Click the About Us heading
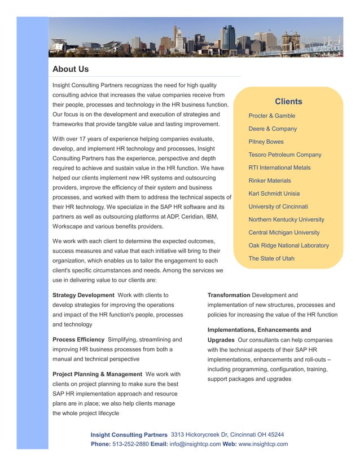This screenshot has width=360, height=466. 71,69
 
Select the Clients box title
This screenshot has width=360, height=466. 288,102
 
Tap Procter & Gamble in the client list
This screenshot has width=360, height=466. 271,116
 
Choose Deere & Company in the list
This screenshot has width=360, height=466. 273,129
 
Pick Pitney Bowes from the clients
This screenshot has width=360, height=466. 266,142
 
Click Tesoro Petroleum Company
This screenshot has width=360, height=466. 285,155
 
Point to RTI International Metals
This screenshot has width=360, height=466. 279,168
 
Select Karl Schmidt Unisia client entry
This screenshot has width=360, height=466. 274,194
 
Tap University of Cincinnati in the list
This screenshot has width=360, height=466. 278,206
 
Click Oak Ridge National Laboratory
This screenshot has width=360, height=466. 288,245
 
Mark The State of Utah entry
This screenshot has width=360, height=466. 271,258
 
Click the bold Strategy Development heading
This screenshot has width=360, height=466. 83,295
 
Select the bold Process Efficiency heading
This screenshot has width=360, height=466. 78,340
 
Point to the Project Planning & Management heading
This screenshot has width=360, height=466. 97,374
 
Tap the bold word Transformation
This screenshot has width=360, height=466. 229,295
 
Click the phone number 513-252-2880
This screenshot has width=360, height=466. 131,444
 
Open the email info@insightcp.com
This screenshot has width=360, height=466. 195,444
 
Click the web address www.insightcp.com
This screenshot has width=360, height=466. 263,444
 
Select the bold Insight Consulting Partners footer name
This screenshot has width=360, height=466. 129,435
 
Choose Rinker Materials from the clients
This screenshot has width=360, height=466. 270,181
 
